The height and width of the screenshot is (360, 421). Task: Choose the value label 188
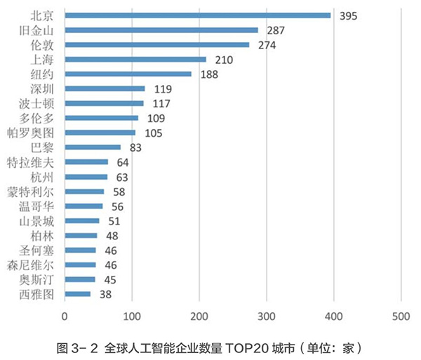tap(208, 74)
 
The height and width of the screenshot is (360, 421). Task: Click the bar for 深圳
tap(105, 88)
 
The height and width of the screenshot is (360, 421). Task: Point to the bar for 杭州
tap(86, 177)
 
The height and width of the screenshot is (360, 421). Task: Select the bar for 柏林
tap(81, 236)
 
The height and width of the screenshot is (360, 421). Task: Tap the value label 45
tap(109, 280)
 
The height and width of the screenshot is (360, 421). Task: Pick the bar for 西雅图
tap(77, 294)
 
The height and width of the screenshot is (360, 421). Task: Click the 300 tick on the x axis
tap(267, 316)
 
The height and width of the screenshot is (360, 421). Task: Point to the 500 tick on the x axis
tap(401, 316)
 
